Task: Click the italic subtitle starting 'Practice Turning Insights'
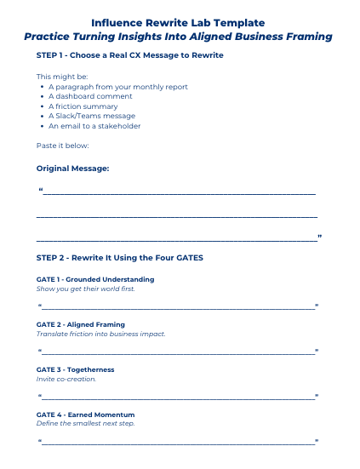click(178, 37)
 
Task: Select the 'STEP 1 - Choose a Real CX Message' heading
click(130, 55)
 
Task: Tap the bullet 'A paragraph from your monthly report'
click(118, 87)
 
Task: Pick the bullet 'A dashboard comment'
click(91, 96)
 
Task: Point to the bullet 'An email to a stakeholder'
click(94, 126)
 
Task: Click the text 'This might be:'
click(56, 77)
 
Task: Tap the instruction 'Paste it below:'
click(57, 146)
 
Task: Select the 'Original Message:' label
click(73, 169)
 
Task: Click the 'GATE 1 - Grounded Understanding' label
click(95, 279)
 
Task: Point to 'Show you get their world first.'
click(85, 289)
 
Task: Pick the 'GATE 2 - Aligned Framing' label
click(81, 324)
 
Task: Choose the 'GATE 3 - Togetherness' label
click(76, 369)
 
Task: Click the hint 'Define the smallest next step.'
click(85, 424)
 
